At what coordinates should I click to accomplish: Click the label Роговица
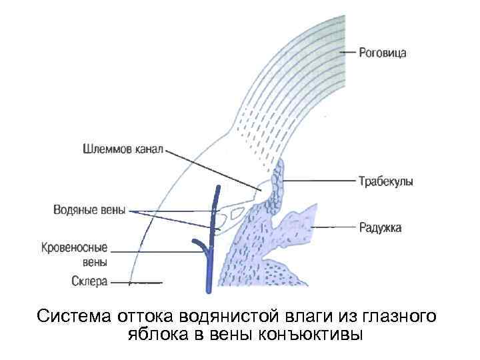(383, 52)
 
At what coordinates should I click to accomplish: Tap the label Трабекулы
(385, 181)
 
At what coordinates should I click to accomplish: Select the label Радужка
(381, 228)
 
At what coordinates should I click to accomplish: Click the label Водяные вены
(89, 210)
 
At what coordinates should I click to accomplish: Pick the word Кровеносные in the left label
(75, 247)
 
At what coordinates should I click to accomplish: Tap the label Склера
(89, 281)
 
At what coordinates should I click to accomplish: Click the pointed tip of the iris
(313, 209)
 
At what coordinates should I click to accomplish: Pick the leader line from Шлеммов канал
(213, 171)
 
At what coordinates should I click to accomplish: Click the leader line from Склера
(136, 282)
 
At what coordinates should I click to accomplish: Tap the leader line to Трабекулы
(320, 181)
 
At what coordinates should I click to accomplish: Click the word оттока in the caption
(142, 315)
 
